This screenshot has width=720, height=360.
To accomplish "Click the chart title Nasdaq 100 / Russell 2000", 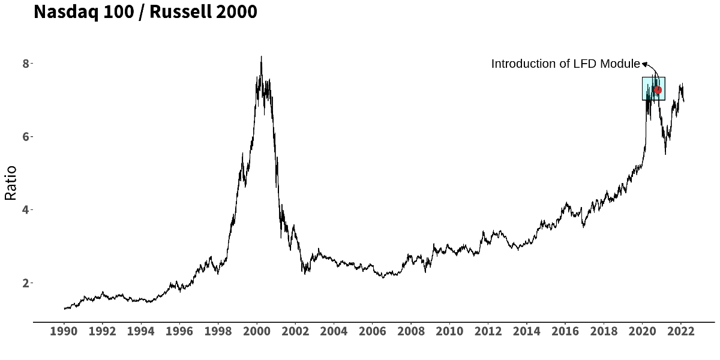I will [145, 12].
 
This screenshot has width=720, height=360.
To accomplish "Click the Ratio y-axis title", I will [10, 184].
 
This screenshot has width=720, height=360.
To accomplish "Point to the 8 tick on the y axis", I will [26, 64].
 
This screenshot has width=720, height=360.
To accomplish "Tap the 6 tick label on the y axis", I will [26, 137].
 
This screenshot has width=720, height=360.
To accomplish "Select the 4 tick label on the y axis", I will [26, 210].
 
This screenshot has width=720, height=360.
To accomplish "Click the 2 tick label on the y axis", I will [26, 283].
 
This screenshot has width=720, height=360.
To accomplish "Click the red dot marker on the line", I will [658, 90].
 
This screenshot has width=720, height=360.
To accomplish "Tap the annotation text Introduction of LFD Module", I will [565, 64].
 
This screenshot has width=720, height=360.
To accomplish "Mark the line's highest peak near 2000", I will [261, 57].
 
